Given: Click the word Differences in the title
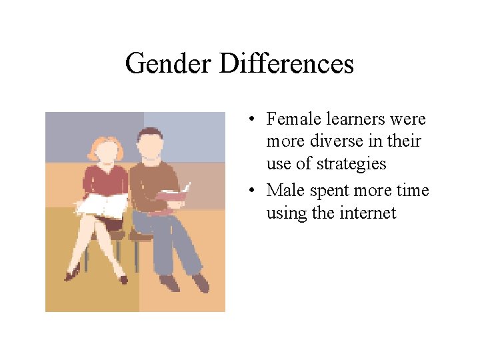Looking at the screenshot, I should click(x=286, y=64).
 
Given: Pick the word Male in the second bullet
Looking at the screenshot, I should click(x=283, y=191).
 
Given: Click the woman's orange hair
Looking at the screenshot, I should click(x=105, y=145).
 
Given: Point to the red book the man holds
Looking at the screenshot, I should click(x=173, y=193).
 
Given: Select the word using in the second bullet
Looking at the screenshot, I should click(x=284, y=214).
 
